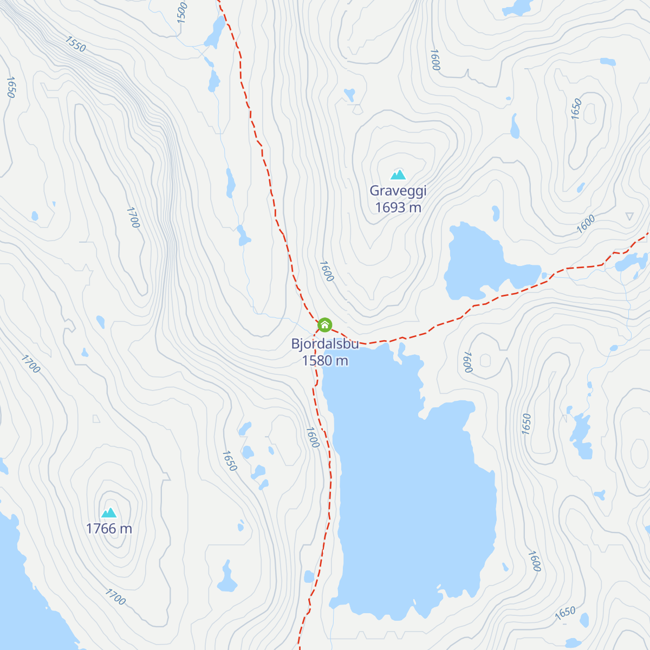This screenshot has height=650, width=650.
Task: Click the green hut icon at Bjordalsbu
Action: coord(324,324)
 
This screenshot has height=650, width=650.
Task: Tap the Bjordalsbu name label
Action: coord(324,344)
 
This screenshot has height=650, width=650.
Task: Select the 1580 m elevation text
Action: coord(324,361)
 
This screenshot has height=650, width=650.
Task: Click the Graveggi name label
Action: coord(398,191)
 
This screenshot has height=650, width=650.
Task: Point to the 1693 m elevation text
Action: coord(398,207)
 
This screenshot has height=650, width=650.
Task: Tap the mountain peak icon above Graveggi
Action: coord(398,174)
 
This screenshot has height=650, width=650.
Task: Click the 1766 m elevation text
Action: coord(109,529)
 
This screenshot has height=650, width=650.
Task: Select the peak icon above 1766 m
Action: coord(109,512)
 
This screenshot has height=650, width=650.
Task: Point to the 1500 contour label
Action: coord(182,12)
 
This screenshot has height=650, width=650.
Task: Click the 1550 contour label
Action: coord(75,44)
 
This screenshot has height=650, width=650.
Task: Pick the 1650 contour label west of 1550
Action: coord(10,87)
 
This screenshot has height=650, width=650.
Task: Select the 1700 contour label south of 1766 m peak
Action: coord(115,597)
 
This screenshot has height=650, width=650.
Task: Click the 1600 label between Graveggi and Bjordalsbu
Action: coord(326,271)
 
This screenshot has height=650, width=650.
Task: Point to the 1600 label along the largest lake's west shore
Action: coord(313,438)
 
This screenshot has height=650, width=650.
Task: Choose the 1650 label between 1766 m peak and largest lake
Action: coord(230,461)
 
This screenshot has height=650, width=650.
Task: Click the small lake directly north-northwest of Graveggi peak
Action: coord(349,95)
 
